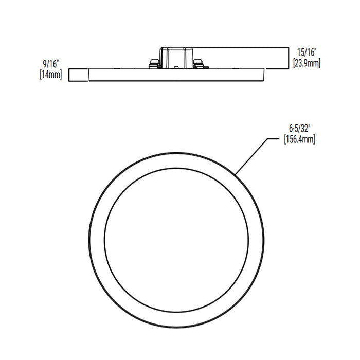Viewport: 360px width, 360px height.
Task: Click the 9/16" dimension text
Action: point(51,64)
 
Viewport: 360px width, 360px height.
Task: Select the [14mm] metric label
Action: point(50,74)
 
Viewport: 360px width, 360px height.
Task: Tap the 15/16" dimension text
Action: point(307,52)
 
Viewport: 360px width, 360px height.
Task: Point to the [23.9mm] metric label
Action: point(307,63)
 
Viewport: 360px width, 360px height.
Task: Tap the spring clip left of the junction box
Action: point(153,63)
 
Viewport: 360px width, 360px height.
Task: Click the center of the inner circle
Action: point(176,240)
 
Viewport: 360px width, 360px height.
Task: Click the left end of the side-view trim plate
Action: point(90,75)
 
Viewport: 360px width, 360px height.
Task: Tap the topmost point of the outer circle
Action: point(176,152)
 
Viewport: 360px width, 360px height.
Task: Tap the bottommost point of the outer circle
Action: point(176,328)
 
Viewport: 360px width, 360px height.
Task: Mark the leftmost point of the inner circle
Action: point(104,240)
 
